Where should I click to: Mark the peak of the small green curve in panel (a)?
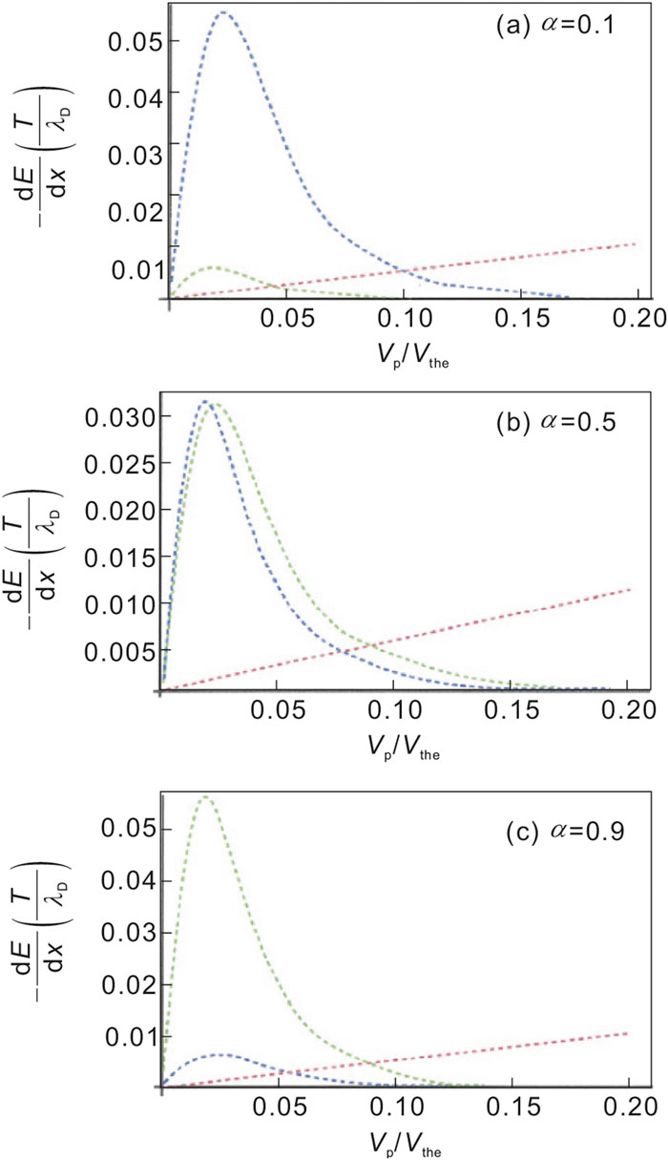(x=211, y=266)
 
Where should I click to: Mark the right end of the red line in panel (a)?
(x=634, y=243)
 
